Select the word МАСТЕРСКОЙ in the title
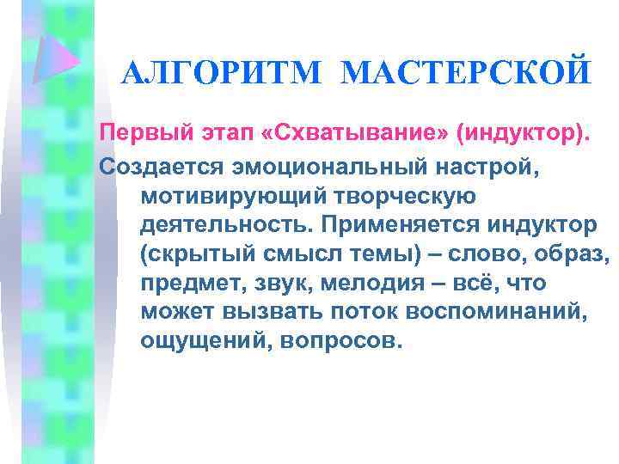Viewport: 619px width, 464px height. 466,73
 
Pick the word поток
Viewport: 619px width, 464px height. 371,312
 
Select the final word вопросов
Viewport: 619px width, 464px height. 338,342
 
